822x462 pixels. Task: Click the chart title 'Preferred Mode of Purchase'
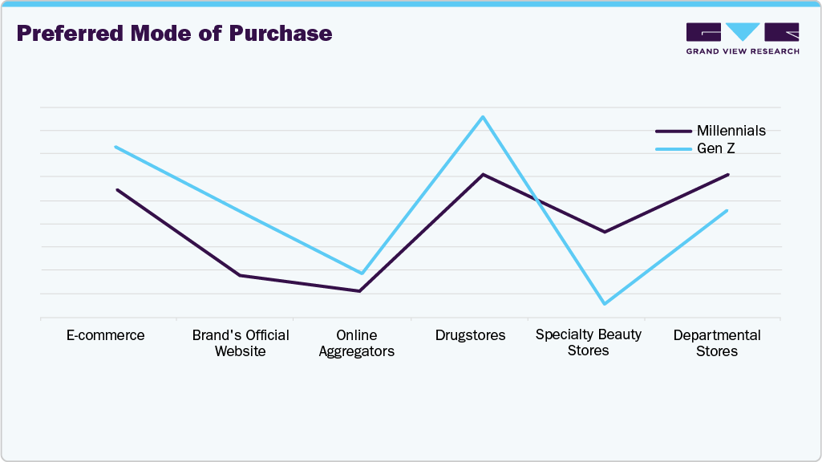coord(174,34)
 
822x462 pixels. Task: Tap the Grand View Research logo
coord(743,38)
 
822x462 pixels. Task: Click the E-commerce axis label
coord(106,335)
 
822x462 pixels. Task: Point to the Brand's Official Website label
coord(241,343)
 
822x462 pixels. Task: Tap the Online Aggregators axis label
coord(357,343)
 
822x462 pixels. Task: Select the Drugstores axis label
coord(470,335)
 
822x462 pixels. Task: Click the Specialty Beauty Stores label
coord(589,342)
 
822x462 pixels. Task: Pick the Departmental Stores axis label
coord(717,343)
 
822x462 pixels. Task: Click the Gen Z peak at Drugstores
coord(482,117)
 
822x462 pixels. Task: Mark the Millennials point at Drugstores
coord(482,174)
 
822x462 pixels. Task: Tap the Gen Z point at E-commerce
coord(115,147)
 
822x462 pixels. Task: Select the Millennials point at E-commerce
coord(117,190)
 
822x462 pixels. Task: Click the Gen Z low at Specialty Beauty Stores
coord(604,304)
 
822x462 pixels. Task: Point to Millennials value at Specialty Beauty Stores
coord(605,232)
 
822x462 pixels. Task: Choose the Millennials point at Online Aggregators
coord(359,290)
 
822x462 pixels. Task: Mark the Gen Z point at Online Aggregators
coord(362,274)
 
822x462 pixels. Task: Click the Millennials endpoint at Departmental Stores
coord(727,174)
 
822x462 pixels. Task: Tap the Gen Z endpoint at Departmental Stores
coord(727,211)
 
